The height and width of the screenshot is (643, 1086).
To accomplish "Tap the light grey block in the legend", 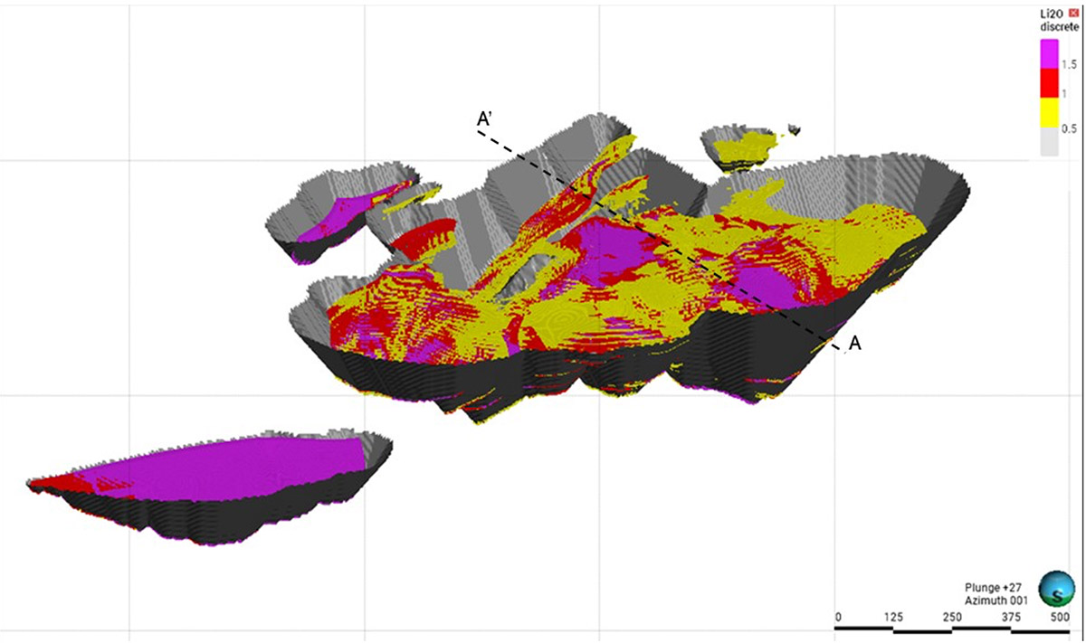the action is click(1049, 142).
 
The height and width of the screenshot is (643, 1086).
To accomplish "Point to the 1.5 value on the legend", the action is click(1069, 64).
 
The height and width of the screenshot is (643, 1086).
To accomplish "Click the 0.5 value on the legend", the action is click(1069, 128).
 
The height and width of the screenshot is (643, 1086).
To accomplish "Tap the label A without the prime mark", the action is click(855, 343).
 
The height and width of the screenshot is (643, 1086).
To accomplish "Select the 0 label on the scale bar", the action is click(838, 617).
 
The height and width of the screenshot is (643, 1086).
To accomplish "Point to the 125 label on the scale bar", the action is click(893, 617).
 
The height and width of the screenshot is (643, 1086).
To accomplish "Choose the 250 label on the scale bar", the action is click(951, 617).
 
